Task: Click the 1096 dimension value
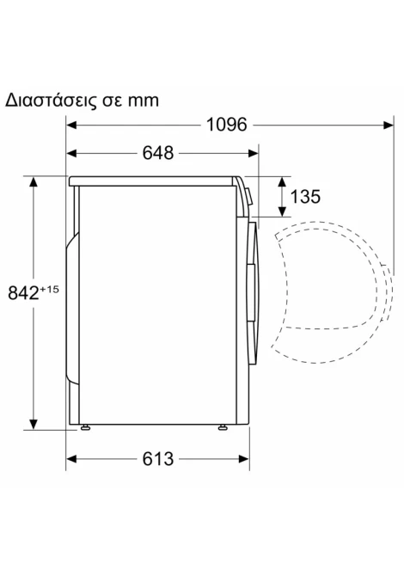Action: pyautogui.click(x=227, y=125)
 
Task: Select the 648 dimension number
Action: pyautogui.click(x=158, y=153)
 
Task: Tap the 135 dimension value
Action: pyautogui.click(x=305, y=197)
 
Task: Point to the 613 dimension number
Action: pyautogui.click(x=158, y=459)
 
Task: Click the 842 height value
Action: pyautogui.click(x=23, y=293)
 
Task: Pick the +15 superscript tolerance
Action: pyautogui.click(x=49, y=289)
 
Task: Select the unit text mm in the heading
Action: pyautogui.click(x=144, y=101)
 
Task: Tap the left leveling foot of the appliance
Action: pyautogui.click(x=85, y=427)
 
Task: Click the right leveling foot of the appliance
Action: pyautogui.click(x=223, y=427)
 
